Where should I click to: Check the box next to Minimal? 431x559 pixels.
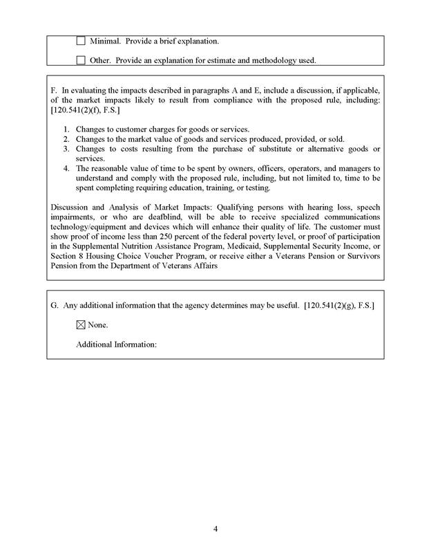click(x=81, y=42)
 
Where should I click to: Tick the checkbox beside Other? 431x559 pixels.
click(x=81, y=60)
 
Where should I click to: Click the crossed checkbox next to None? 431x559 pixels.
click(x=81, y=324)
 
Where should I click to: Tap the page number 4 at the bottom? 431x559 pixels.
click(x=215, y=530)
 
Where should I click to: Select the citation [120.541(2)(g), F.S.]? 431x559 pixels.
click(x=338, y=306)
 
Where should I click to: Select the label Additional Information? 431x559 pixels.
click(x=117, y=344)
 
